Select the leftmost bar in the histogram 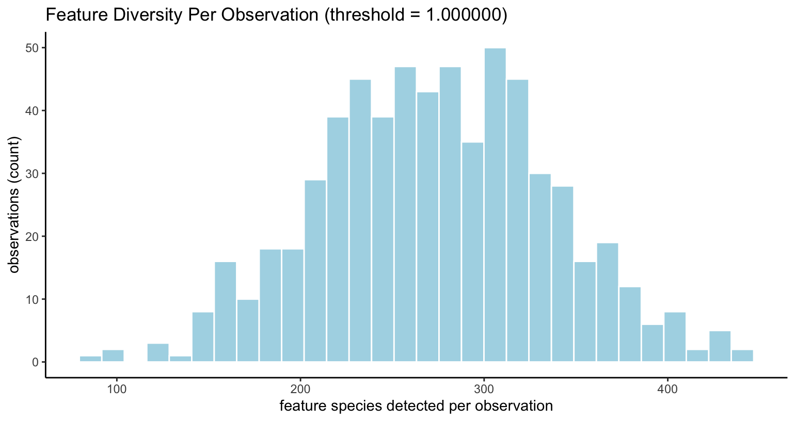(x=90, y=359)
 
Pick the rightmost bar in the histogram (x=742, y=356)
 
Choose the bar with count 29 (x=315, y=271)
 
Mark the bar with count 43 (x=427, y=227)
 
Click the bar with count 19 (x=607, y=302)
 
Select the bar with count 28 (x=562, y=274)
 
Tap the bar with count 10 (x=248, y=330)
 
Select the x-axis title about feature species (x=416, y=406)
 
